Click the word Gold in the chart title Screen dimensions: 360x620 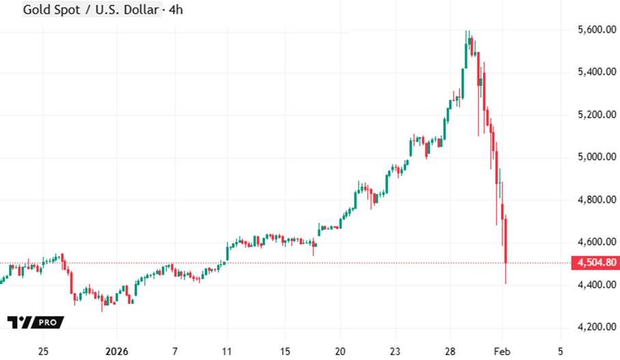(x=36, y=10)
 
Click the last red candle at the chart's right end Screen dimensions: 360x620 (x=505, y=240)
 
